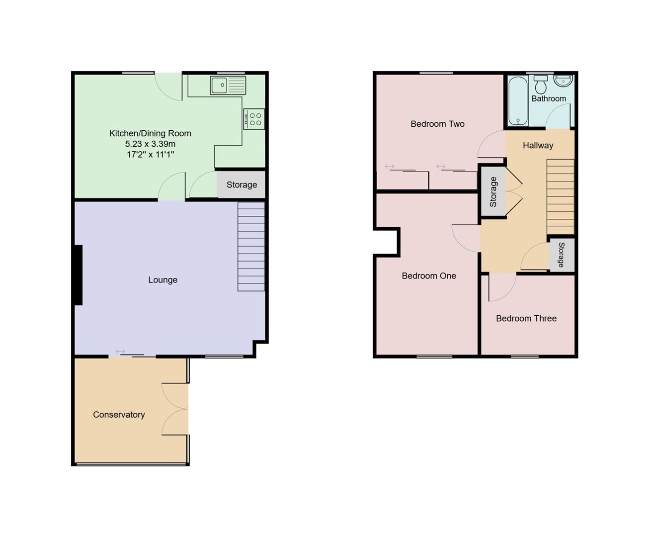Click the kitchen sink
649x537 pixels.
tap(228, 85)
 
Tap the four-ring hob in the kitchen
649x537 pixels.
tap(254, 119)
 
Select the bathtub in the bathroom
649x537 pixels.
tap(518, 100)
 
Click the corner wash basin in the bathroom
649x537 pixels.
tap(564, 81)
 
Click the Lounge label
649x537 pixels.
tap(162, 280)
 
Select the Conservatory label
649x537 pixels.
tap(119, 415)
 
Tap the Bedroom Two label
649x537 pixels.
tap(437, 124)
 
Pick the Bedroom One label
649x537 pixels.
tap(429, 276)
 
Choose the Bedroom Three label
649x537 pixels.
tap(526, 319)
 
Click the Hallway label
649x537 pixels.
tap(538, 146)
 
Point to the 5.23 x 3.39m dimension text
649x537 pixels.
tap(150, 144)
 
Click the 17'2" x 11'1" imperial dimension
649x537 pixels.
tap(150, 155)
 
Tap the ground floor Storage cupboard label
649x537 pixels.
tap(242, 185)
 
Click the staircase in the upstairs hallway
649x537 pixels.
tap(561, 197)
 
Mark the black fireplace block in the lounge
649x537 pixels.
tap(78, 275)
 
